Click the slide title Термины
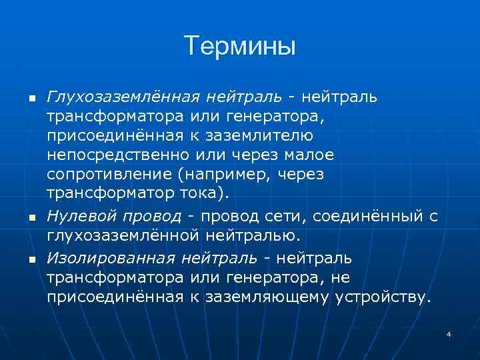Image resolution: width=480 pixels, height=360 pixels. (239, 47)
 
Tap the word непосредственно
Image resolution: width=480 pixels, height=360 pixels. (117, 155)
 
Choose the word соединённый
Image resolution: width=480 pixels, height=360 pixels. (368, 216)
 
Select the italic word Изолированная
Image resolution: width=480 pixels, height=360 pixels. (111, 257)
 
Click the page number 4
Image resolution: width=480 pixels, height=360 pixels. (449, 333)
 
